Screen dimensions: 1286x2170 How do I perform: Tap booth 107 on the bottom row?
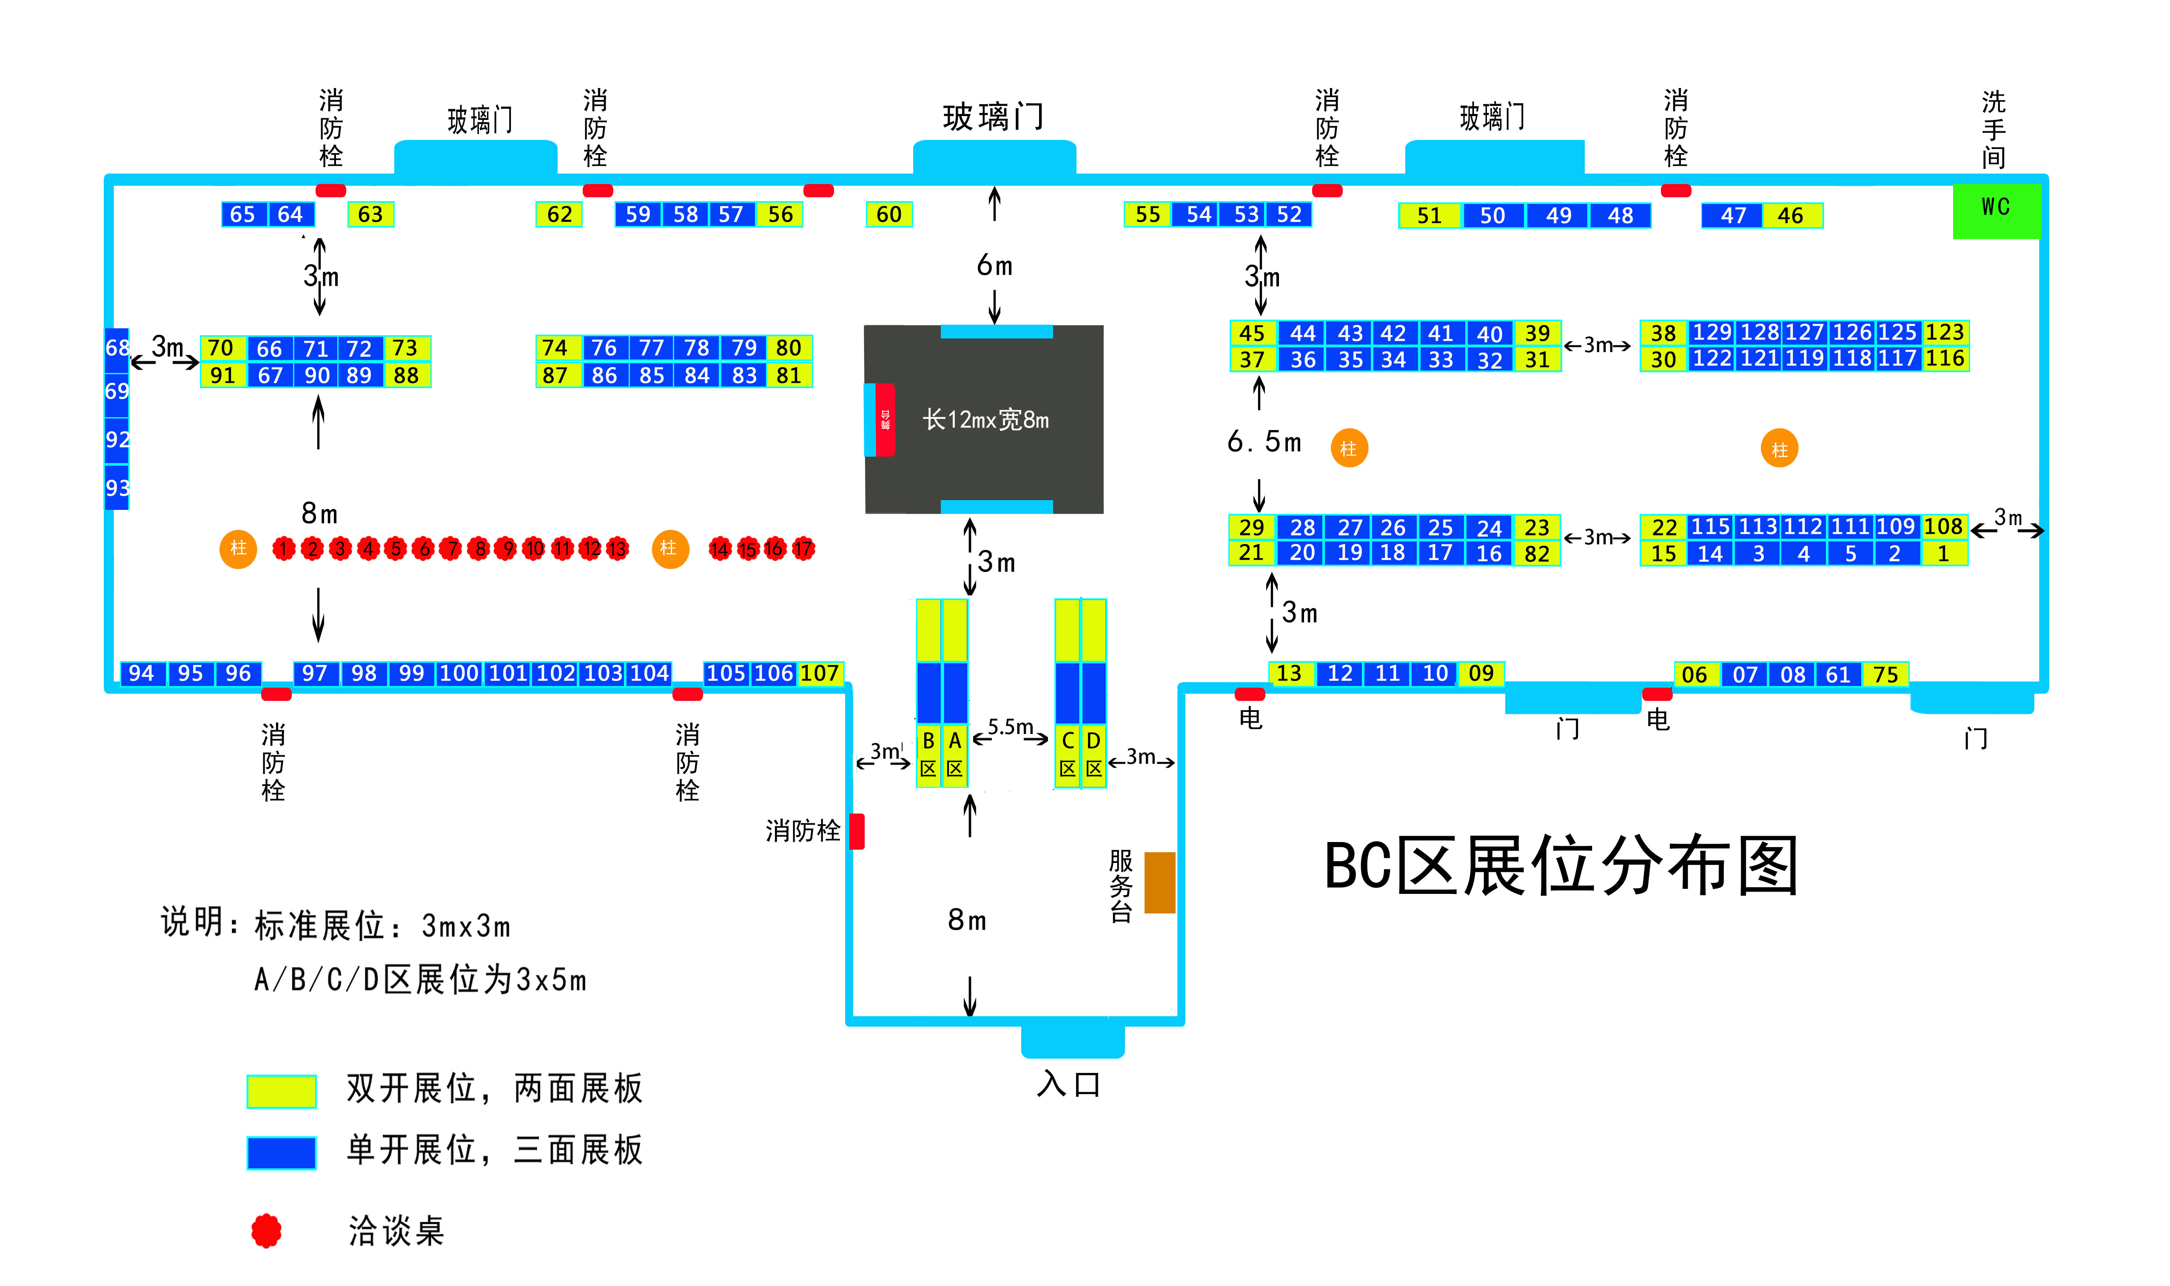click(x=819, y=673)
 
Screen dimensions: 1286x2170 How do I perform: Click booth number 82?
click(x=1537, y=554)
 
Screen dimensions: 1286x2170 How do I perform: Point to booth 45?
click(x=1251, y=334)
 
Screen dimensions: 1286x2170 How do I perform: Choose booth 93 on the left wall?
click(x=117, y=488)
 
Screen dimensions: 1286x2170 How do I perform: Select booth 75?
click(x=1885, y=675)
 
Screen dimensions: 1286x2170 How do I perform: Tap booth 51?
click(x=1429, y=216)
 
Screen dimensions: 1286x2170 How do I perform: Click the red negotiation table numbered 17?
click(x=803, y=549)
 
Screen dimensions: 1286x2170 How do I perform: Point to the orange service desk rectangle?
click(x=1159, y=882)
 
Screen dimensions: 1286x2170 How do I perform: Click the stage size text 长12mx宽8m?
click(x=985, y=420)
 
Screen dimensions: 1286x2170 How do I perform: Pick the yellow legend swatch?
click(x=281, y=1091)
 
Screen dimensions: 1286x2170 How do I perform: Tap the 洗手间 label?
click(x=1993, y=130)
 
